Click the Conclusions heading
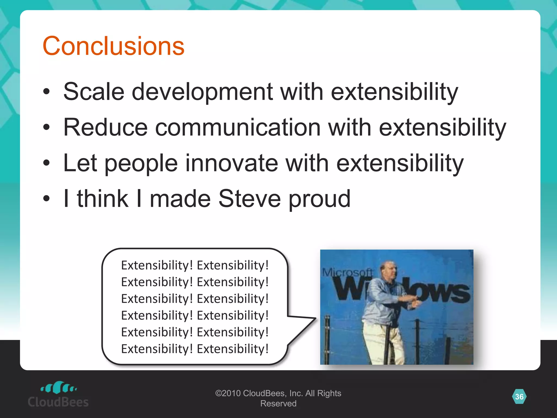click(x=113, y=46)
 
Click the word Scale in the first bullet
click(x=94, y=92)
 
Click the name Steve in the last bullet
click(x=249, y=199)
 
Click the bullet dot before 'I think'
click(x=47, y=199)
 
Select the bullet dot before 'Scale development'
click(x=47, y=92)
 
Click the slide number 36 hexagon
click(x=519, y=397)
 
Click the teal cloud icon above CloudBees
click(x=58, y=388)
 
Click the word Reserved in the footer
click(x=278, y=404)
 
